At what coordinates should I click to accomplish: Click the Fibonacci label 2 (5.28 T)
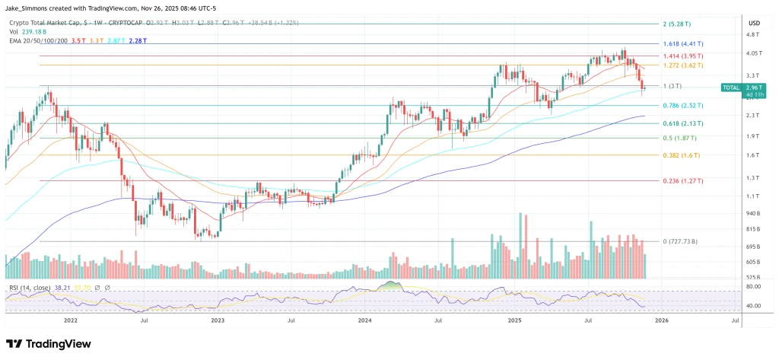pyautogui.click(x=676, y=24)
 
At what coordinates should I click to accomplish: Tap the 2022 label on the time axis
pyautogui.click(x=70, y=321)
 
